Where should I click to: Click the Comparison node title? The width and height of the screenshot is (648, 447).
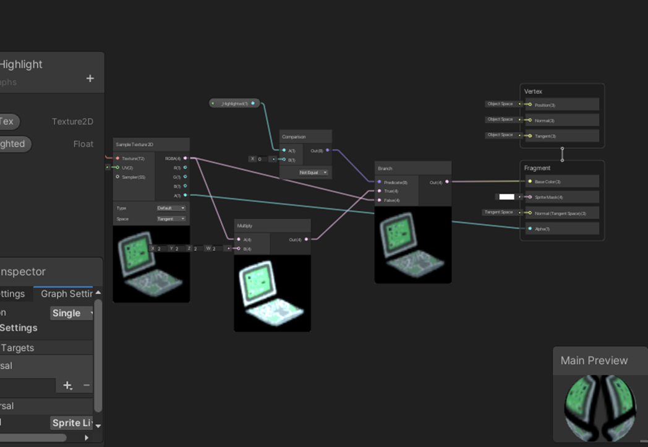click(294, 137)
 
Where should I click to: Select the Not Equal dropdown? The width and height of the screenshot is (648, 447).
click(313, 172)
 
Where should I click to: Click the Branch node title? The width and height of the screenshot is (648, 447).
click(385, 168)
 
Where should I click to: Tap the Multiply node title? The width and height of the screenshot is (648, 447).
click(245, 226)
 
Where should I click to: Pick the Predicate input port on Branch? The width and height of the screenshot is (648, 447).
click(379, 182)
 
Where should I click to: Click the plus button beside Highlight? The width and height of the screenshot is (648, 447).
click(90, 79)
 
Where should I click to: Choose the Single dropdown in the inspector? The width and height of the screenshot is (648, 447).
click(72, 313)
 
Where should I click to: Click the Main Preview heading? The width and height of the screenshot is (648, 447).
click(594, 360)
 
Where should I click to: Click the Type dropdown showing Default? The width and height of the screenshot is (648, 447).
click(171, 208)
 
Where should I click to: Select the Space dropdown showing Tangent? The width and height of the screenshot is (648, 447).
click(171, 219)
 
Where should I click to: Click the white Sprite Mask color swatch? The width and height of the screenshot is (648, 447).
click(506, 197)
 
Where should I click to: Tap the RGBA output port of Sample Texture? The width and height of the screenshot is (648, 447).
click(185, 158)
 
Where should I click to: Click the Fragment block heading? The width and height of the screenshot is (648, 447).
click(537, 168)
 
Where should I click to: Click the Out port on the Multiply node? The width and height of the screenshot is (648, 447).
click(307, 239)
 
